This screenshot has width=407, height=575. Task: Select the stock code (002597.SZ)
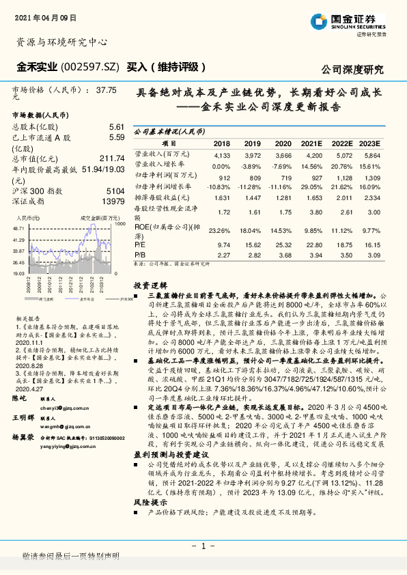pos(89,68)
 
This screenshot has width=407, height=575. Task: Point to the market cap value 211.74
pos(111,159)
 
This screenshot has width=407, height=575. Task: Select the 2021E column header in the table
pos(311,144)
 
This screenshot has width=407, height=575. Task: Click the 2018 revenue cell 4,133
pos(223,155)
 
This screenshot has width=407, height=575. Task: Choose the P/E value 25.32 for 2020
pos(283,244)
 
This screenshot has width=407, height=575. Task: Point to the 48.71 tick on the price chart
pos(19,228)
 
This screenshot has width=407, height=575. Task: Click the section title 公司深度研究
pos(352,69)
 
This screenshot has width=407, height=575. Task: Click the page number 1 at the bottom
pos(203,546)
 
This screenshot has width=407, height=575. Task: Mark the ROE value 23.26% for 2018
pos(221,230)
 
